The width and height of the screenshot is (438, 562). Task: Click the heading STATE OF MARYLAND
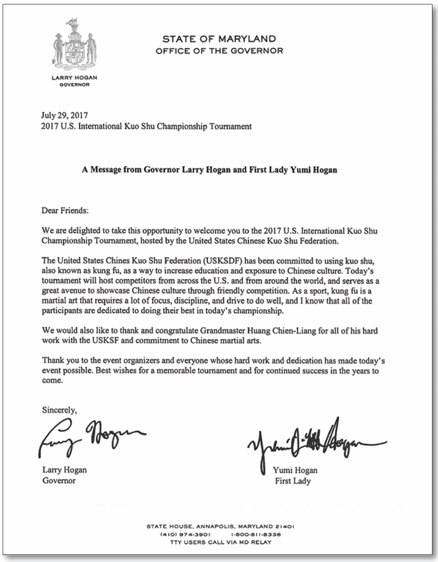219,40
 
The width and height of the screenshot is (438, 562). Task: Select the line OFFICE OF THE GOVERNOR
219,51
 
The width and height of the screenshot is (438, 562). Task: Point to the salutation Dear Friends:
65,210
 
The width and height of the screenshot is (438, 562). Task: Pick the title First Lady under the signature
293,481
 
